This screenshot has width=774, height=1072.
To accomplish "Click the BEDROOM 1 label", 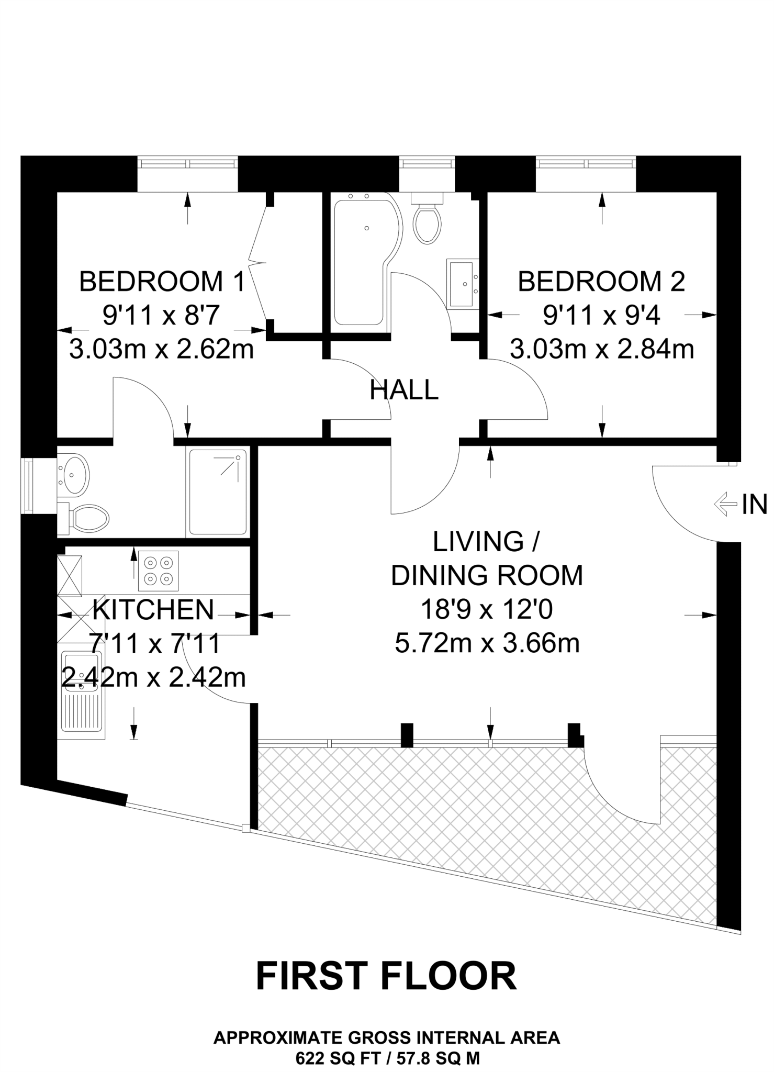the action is point(162,282).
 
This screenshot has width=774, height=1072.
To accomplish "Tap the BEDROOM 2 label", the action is point(601,282).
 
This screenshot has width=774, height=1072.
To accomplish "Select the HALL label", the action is point(404,390).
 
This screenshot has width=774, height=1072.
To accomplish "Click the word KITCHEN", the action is point(153,609).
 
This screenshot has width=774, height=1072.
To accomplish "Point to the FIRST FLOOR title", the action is point(386,976).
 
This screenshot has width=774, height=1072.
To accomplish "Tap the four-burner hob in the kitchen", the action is point(159,571).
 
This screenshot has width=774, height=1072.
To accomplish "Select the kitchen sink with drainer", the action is point(83,694).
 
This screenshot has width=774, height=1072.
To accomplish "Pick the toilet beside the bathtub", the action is point(427,218).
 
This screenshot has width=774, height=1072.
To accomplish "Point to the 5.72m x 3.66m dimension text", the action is point(487,643).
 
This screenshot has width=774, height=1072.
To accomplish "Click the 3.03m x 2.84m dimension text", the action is point(602,349).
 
